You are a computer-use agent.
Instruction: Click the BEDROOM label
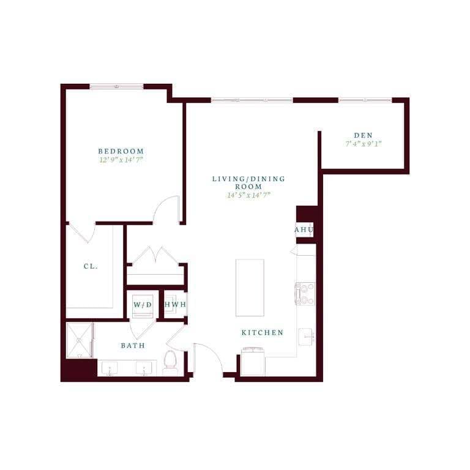click(x=121, y=151)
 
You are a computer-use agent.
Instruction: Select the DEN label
click(x=364, y=135)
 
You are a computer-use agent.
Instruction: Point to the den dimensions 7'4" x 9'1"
click(x=364, y=144)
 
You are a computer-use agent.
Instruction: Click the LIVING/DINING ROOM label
click(x=248, y=182)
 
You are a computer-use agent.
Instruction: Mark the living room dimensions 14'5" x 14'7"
click(x=248, y=195)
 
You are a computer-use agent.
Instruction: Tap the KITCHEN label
click(x=263, y=333)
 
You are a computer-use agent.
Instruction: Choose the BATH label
click(x=133, y=346)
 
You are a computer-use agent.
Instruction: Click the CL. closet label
click(x=91, y=267)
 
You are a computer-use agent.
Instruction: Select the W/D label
click(x=143, y=305)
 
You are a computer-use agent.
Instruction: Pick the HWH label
click(x=175, y=305)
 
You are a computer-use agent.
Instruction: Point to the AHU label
click(x=304, y=230)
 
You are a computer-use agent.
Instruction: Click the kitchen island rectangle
click(x=250, y=287)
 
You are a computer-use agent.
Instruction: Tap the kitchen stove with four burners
click(x=305, y=294)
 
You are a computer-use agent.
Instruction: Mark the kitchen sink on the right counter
click(x=307, y=337)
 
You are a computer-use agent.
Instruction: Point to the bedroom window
click(x=116, y=86)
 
